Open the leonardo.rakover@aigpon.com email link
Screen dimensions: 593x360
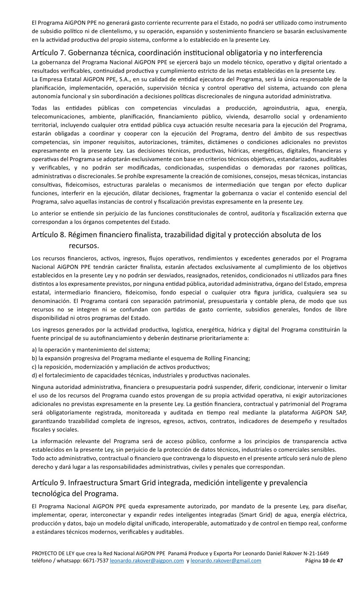(147, 560)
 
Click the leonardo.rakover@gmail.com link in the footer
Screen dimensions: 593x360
(226, 560)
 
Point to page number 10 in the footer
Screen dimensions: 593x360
(325, 560)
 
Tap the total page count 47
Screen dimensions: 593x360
(340, 560)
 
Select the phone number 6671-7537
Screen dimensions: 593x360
(97, 560)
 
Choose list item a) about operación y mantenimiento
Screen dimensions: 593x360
(91, 349)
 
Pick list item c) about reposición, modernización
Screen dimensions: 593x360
(121, 366)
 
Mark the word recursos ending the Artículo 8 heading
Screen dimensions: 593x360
(83, 245)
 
